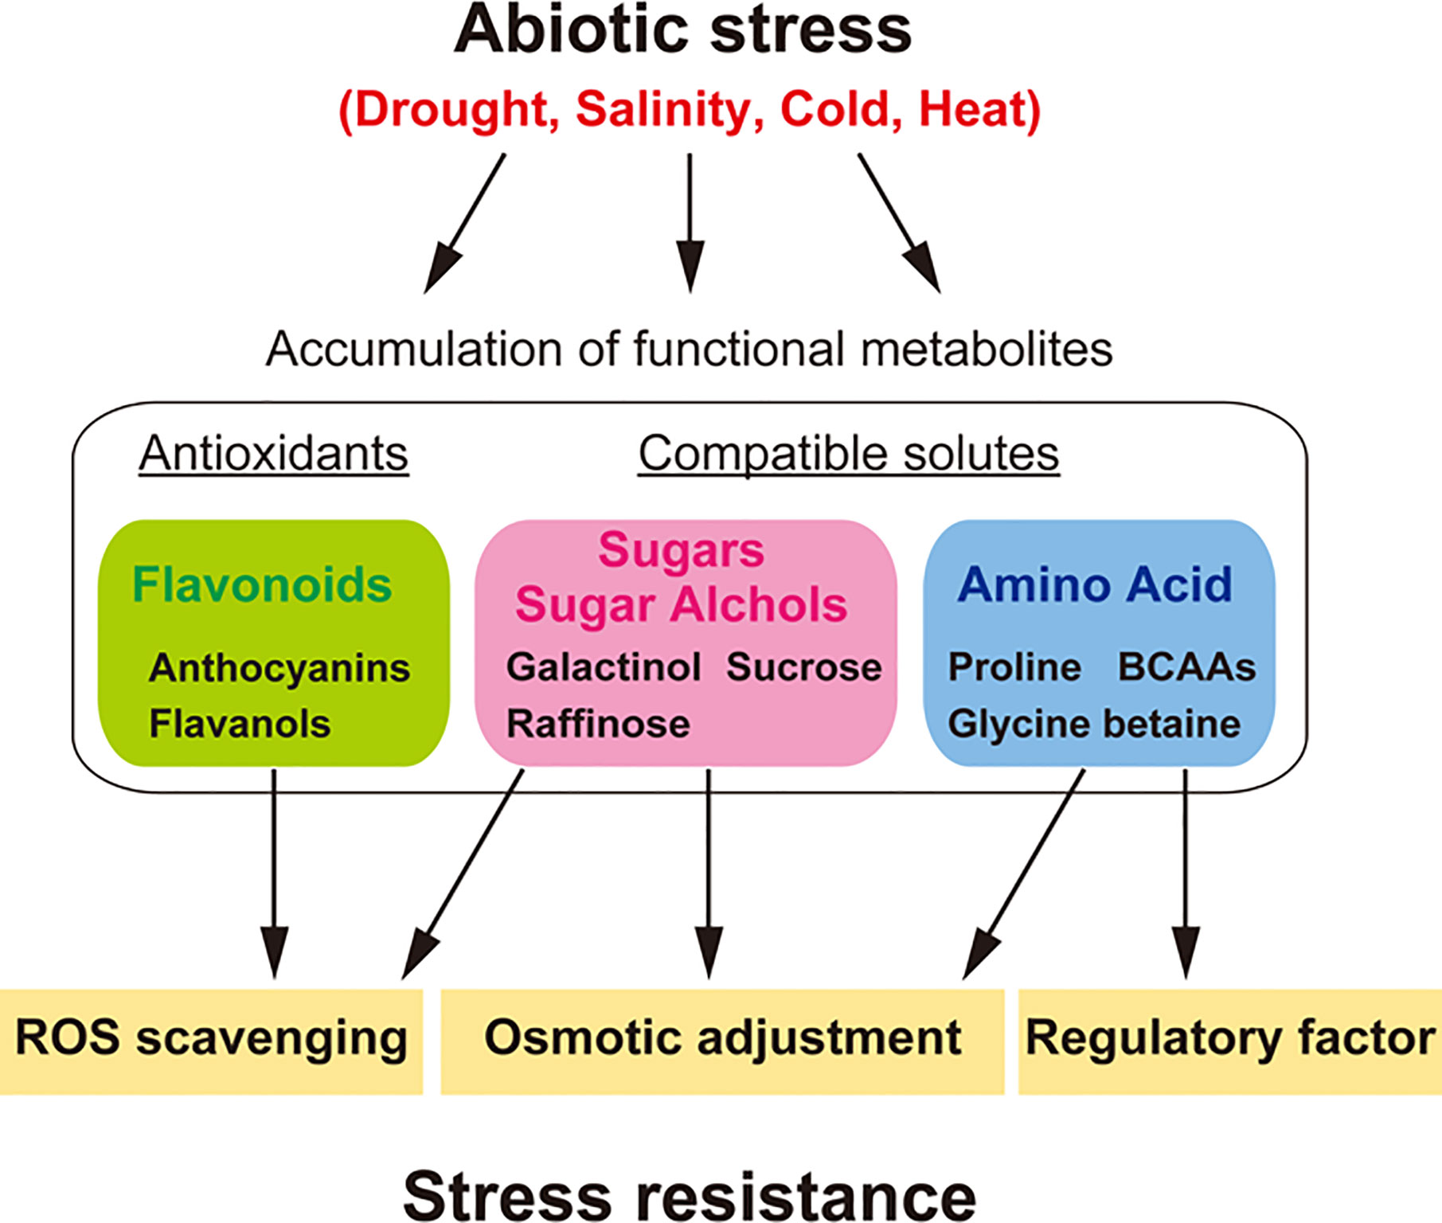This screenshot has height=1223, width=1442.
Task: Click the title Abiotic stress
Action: (682, 30)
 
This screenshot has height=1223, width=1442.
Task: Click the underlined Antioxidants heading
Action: (273, 454)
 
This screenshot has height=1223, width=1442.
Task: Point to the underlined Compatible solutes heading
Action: (848, 454)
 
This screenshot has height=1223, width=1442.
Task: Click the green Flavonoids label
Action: (262, 584)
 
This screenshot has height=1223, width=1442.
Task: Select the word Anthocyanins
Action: (279, 667)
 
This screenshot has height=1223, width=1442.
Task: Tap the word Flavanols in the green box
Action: (240, 724)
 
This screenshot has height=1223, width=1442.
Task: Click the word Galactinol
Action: (604, 667)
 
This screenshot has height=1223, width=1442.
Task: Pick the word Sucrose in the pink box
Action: (803, 667)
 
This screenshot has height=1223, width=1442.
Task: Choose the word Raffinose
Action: (598, 724)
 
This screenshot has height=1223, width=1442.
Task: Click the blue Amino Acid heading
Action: (1095, 584)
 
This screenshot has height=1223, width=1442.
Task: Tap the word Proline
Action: (1014, 667)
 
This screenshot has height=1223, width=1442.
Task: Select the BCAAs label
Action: (1186, 667)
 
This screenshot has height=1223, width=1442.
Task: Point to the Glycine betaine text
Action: (1094, 724)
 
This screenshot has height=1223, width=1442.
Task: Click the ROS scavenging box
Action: (211, 1040)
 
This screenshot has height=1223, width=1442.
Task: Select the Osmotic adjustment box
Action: (722, 1040)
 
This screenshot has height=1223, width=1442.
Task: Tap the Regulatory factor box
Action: (1229, 1040)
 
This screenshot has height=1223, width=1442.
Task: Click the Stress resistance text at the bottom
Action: (690, 1194)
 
